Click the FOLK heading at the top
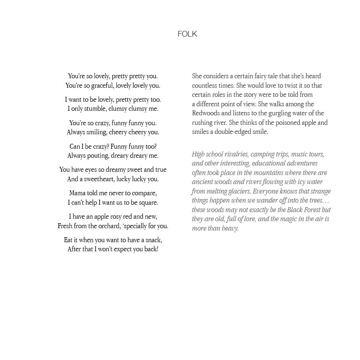coord(187,34)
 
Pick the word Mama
coord(77,193)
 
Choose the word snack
coord(152,240)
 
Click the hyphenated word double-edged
coord(231,132)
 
